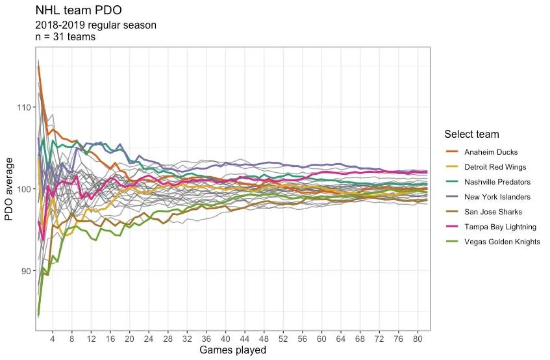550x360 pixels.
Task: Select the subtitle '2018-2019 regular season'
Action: [x=95, y=25]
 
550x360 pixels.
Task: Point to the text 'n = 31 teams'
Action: [x=65, y=38]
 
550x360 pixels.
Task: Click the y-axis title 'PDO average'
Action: [x=10, y=189]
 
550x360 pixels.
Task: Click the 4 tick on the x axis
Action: [x=53, y=339]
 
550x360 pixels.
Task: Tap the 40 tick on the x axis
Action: [x=225, y=339]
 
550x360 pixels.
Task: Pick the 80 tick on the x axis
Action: [x=418, y=339]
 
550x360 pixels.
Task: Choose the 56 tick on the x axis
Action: [x=303, y=339]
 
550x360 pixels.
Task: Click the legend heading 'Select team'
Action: [x=471, y=135]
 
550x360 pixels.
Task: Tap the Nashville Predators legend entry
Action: [x=496, y=182]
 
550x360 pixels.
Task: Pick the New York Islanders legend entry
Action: [x=497, y=197]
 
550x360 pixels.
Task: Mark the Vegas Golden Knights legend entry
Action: [x=501, y=242]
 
